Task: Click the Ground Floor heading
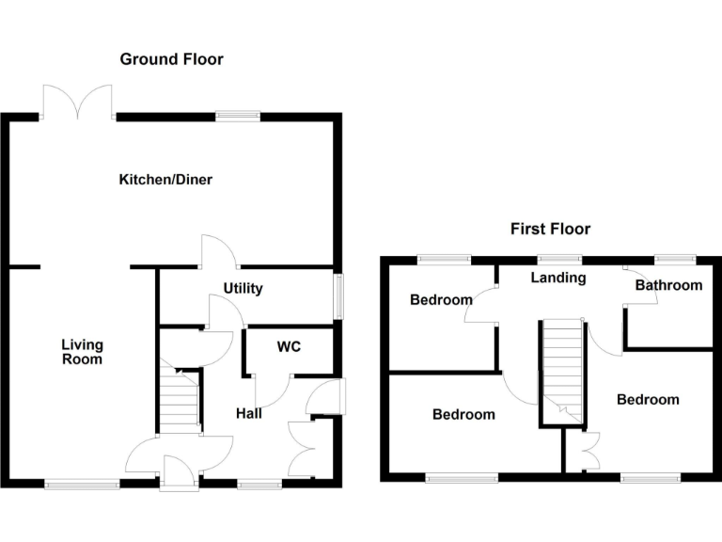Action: click(171, 59)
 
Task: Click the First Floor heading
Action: click(550, 229)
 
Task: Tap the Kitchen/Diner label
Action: click(165, 180)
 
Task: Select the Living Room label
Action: click(82, 352)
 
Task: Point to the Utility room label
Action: click(243, 289)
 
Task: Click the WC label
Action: click(288, 347)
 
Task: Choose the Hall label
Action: click(249, 413)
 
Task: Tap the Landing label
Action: click(558, 278)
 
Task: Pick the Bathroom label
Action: click(668, 285)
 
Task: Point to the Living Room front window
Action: click(82, 485)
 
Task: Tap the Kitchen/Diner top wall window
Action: click(237, 117)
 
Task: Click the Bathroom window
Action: click(674, 259)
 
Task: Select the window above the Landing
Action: click(559, 259)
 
